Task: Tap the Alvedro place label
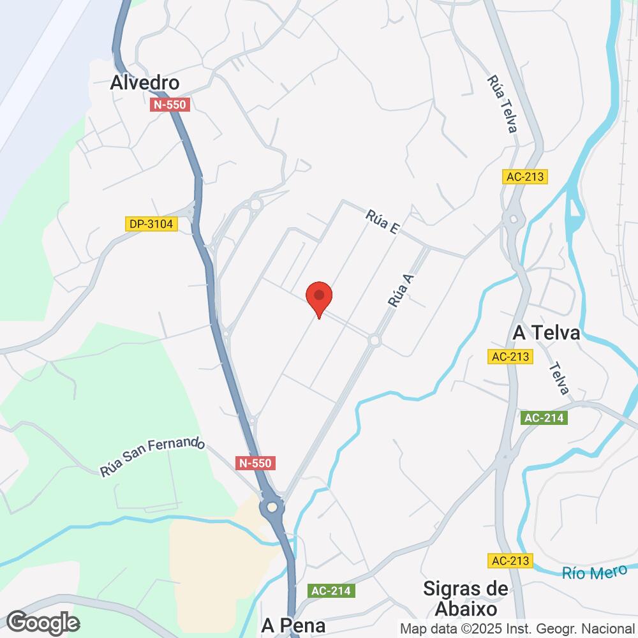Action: click(x=144, y=83)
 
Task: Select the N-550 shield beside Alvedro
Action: click(x=170, y=105)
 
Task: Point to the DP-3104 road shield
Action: click(x=151, y=224)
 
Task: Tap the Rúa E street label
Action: click(x=383, y=223)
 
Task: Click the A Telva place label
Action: click(x=546, y=334)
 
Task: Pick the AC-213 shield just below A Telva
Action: click(x=511, y=357)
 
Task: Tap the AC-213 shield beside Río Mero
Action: click(x=511, y=561)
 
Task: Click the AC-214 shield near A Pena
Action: click(x=332, y=591)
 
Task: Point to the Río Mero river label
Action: click(x=590, y=572)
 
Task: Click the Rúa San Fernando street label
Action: click(x=152, y=456)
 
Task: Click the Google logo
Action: click(x=43, y=622)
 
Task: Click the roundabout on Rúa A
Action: click(x=375, y=341)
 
